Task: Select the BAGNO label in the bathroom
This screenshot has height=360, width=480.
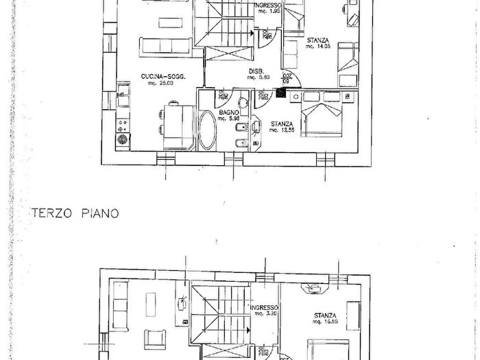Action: pos(228,113)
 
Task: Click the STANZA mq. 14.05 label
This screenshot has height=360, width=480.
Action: pos(319,43)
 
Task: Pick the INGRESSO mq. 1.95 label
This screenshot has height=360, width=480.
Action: pos(268,8)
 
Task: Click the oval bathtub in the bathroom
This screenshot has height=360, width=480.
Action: pos(206,132)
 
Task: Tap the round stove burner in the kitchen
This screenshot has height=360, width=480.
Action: pos(123,139)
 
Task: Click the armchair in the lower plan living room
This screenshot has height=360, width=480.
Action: pos(152,337)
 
